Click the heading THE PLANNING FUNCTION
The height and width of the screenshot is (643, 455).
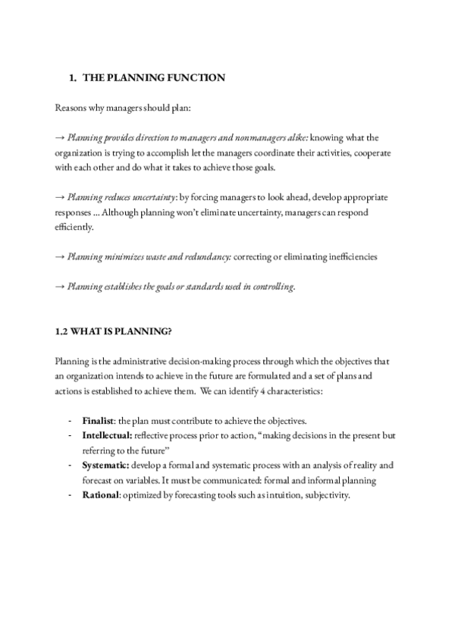[x=153, y=77]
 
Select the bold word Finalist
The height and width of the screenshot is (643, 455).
[x=99, y=420]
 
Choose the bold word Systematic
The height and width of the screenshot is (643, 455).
[x=105, y=465]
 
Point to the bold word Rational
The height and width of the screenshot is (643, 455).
[x=101, y=495]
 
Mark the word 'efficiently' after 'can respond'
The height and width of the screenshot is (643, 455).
[x=74, y=227]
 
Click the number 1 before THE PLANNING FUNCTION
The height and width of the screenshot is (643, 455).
[x=71, y=77]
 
